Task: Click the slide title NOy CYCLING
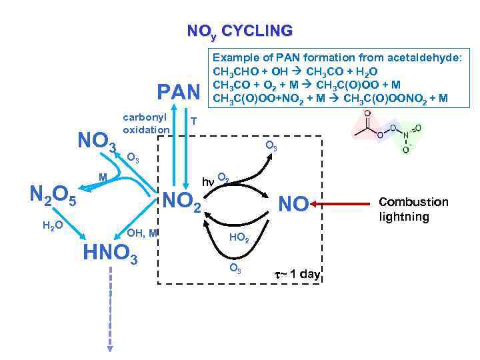tap(239, 31)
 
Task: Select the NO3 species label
tap(97, 141)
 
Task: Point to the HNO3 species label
tap(110, 253)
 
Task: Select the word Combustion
tap(413, 201)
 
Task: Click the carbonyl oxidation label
tap(146, 121)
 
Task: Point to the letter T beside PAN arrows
tap(193, 121)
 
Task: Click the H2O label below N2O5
tap(53, 225)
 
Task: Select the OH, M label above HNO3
tap(142, 232)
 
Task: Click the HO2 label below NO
tap(239, 238)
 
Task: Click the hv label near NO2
tap(208, 180)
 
